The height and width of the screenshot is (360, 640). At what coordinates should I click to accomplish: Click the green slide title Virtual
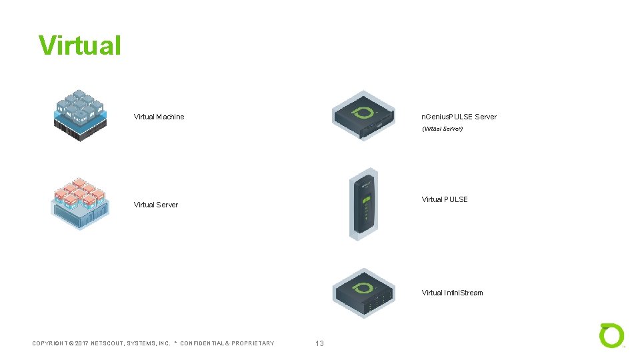pyautogui.click(x=80, y=45)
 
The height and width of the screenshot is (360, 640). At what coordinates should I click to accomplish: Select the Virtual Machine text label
pyautogui.click(x=159, y=117)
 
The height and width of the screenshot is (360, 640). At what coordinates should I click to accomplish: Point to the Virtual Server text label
pyautogui.click(x=155, y=205)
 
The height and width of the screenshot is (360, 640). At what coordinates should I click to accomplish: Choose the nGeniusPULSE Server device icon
pyautogui.click(x=364, y=116)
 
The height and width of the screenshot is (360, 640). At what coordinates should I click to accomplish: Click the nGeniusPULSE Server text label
pyautogui.click(x=459, y=117)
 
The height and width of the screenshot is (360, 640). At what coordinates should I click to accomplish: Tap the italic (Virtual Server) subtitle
pyautogui.click(x=442, y=129)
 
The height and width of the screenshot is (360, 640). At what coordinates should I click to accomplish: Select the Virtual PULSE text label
pyautogui.click(x=445, y=199)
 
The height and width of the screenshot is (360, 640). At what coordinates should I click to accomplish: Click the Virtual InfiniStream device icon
pyautogui.click(x=364, y=293)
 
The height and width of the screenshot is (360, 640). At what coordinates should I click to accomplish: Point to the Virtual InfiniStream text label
pyautogui.click(x=452, y=293)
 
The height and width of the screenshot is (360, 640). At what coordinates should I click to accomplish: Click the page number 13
pyautogui.click(x=319, y=343)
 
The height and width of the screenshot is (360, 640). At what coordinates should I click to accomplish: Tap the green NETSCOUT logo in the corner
pyautogui.click(x=611, y=335)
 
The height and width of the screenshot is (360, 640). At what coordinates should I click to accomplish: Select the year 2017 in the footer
pyautogui.click(x=82, y=343)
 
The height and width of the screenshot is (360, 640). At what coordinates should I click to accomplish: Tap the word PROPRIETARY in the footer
pyautogui.click(x=253, y=343)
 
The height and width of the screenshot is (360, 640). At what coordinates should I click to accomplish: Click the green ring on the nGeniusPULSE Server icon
pyautogui.click(x=364, y=111)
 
